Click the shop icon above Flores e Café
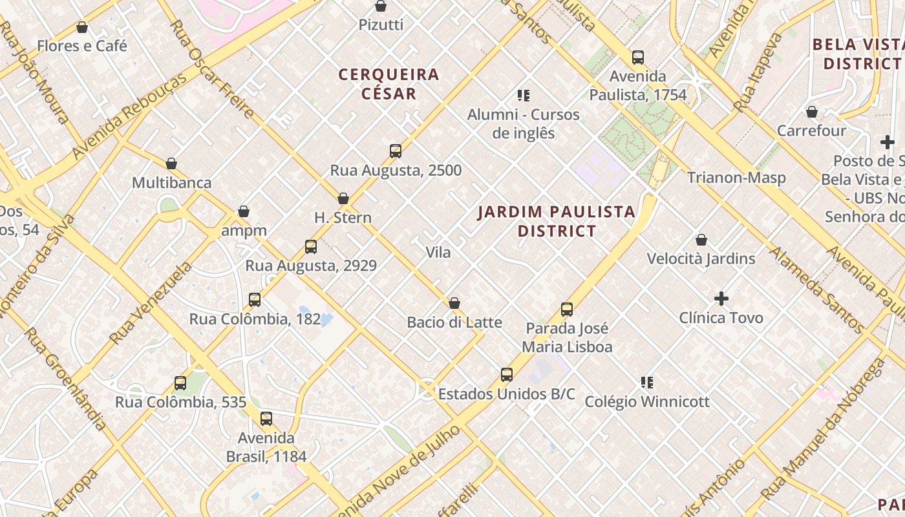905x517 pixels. pos(82,27)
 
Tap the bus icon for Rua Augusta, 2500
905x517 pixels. pos(396,151)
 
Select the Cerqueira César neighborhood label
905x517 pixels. pos(389,84)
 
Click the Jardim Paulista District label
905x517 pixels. pos(557,221)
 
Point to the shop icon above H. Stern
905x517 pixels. pos(343,198)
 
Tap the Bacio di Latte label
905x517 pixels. pos(454,322)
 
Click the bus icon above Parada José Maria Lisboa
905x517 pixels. pos(567,310)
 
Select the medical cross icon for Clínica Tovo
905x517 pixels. pos(721,299)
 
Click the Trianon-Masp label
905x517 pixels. pos(736,178)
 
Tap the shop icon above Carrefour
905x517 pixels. pos(812,112)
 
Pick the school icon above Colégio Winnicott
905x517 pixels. pos(647,383)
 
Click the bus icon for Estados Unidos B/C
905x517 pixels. pos(507,375)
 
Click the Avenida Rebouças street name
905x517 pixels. pos(129,116)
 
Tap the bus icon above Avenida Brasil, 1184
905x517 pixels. pos(266,419)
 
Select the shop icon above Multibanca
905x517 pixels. pos(171,164)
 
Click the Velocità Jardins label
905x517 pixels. pos(701,258)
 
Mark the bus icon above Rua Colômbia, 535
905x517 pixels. pos(180,383)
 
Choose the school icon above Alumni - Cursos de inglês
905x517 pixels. pos(524,96)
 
